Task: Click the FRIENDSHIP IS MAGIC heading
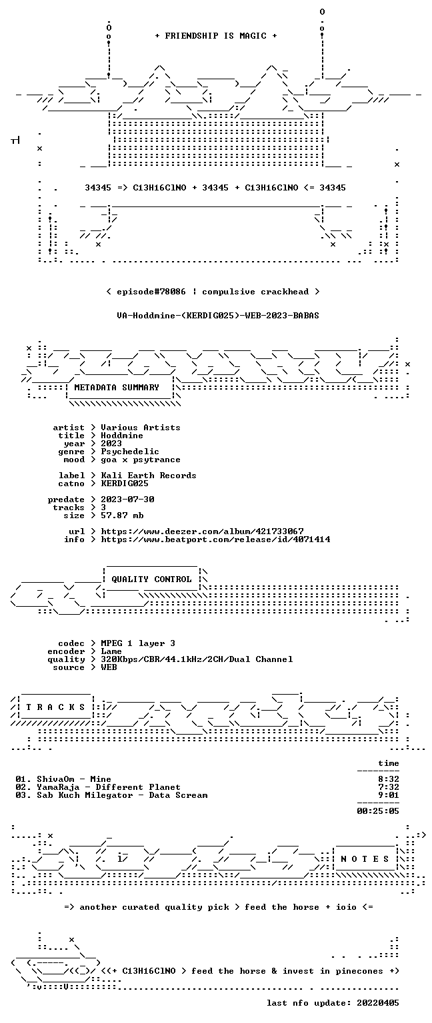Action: [216, 35]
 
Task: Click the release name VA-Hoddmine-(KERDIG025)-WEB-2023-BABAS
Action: [217, 315]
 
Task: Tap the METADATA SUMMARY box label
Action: [117, 387]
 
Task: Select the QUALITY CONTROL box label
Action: [151, 579]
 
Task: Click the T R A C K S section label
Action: [55, 707]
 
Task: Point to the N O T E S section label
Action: [365, 859]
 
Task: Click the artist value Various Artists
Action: [141, 428]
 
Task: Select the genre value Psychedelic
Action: [130, 452]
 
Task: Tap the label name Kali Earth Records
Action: [149, 476]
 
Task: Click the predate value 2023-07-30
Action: [127, 499]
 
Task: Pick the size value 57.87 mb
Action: [122, 515]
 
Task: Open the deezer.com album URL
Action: [202, 531]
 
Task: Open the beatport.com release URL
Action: [215, 539]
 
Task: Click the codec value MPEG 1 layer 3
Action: [138, 643]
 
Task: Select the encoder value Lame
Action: [111, 651]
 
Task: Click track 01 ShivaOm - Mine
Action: [63, 779]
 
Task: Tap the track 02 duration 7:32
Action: [389, 787]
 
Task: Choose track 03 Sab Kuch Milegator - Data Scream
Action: [111, 795]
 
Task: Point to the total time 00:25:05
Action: [378, 811]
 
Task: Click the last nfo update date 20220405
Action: [378, 1003]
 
